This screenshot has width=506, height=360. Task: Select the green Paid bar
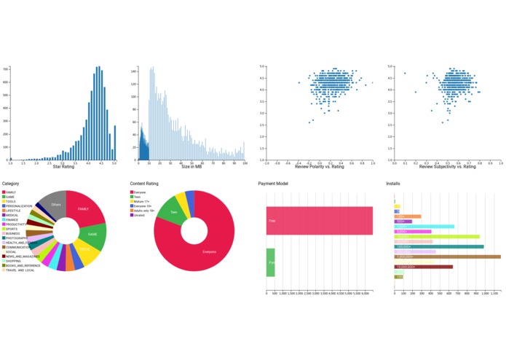270,262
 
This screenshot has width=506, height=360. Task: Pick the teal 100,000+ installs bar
438,246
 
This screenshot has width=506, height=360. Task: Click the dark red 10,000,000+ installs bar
423,267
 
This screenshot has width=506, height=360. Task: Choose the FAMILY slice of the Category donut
85,208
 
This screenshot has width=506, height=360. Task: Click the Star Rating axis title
63,167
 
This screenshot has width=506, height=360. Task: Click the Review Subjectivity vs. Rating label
446,167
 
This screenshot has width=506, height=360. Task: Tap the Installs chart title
392,184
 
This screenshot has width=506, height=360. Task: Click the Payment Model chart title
274,184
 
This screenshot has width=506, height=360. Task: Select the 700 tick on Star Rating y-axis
6,70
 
